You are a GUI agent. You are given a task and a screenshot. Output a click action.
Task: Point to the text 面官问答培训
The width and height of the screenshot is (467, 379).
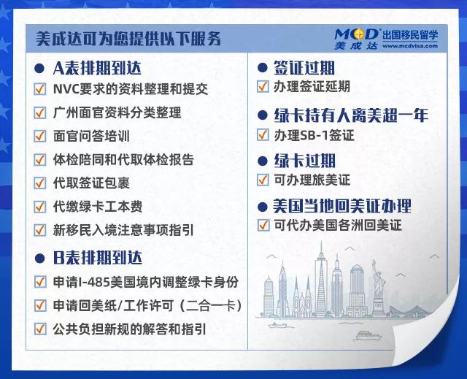[x=92, y=136]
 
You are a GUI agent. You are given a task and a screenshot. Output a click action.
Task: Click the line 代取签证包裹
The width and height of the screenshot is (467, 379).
[x=92, y=183]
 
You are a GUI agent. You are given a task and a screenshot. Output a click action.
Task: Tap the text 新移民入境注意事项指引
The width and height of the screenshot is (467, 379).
[x=123, y=229]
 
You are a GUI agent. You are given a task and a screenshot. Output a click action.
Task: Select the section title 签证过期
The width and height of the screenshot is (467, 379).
[x=305, y=68]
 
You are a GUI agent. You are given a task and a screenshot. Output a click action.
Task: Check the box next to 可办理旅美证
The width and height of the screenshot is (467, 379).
[x=263, y=180]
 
